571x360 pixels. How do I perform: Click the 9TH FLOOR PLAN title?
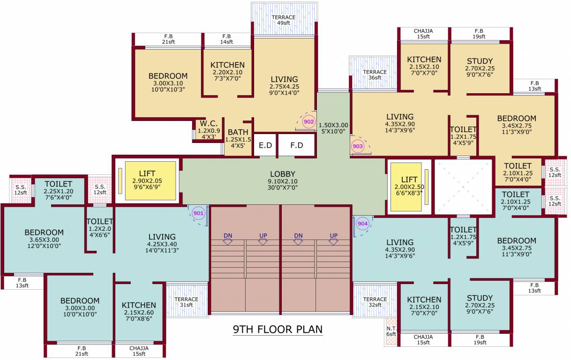pyautogui.click(x=278, y=329)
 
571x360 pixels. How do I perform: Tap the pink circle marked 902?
pyautogui.click(x=308, y=122)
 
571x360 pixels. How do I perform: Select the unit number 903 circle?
pyautogui.click(x=357, y=146)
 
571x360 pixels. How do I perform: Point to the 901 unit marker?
pyautogui.click(x=198, y=214)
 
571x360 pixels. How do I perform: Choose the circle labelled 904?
pyautogui.click(x=362, y=224)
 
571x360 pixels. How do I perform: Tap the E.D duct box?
pyautogui.click(x=265, y=146)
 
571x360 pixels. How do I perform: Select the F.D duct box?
pyautogui.click(x=297, y=146)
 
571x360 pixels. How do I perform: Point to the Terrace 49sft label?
pyautogui.click(x=284, y=20)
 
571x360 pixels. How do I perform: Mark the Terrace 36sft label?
pyautogui.click(x=375, y=75)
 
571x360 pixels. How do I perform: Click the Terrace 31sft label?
pyautogui.click(x=186, y=302)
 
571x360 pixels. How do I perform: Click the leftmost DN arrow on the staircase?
pyautogui.click(x=228, y=239)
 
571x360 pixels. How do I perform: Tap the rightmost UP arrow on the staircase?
pyautogui.click(x=333, y=239)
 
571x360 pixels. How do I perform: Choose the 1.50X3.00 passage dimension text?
pyautogui.click(x=333, y=128)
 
